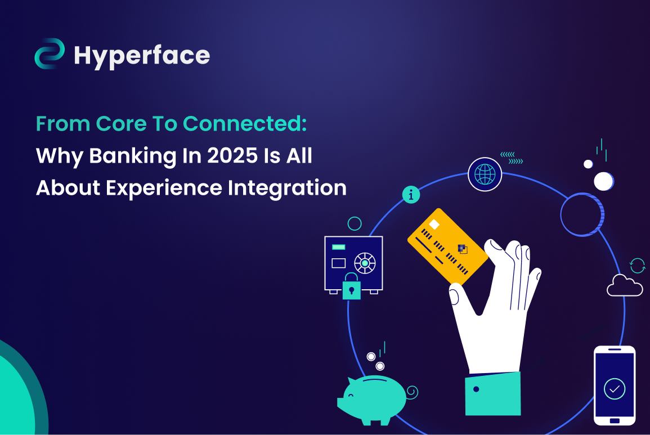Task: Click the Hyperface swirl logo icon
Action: pyautogui.click(x=50, y=53)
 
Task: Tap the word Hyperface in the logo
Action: pyautogui.click(x=142, y=56)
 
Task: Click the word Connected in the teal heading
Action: pyautogui.click(x=245, y=124)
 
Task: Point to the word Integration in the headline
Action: pyautogui.click(x=287, y=188)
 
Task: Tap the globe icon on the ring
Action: pyautogui.click(x=485, y=174)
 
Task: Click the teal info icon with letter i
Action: pyautogui.click(x=411, y=195)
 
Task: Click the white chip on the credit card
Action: pyautogui.click(x=434, y=225)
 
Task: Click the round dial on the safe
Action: pyautogui.click(x=365, y=263)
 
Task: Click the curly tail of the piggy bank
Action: pyautogui.click(x=412, y=392)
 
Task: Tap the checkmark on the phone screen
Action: pyautogui.click(x=615, y=389)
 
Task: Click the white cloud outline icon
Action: pyautogui.click(x=625, y=285)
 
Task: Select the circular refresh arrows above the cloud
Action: pyautogui.click(x=638, y=266)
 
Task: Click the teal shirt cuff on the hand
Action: pyautogui.click(x=493, y=393)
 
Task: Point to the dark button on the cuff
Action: pyautogui.click(x=476, y=389)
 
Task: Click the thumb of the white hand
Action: pyautogui.click(x=461, y=299)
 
